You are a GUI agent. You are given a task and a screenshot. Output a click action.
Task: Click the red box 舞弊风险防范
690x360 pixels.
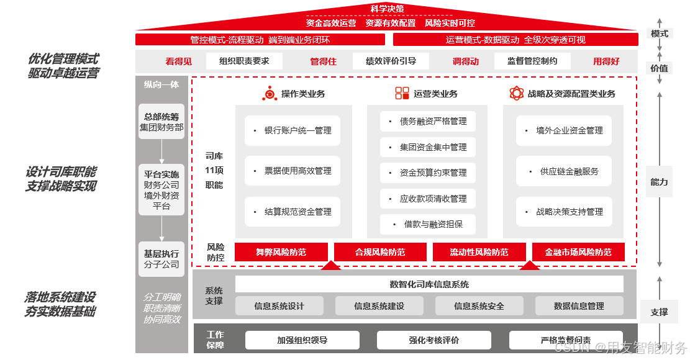click(x=281, y=252)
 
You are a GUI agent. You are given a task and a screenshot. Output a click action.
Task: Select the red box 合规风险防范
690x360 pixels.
click(x=380, y=252)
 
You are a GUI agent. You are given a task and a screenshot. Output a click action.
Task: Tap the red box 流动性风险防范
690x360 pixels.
click(x=479, y=252)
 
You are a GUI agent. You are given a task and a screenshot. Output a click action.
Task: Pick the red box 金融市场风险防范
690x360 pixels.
click(x=578, y=252)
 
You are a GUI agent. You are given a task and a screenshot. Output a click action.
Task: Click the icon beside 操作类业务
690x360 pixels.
click(x=270, y=94)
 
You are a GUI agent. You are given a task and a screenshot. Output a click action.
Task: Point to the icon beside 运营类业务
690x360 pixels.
click(x=402, y=94)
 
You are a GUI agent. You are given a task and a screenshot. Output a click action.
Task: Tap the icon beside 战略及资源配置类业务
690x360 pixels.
click(x=517, y=94)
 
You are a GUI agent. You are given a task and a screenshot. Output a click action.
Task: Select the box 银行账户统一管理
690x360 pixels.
click(x=293, y=131)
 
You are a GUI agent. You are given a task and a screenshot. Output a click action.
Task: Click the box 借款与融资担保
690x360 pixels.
click(x=427, y=224)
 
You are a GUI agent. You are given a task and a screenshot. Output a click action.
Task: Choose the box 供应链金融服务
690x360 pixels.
click(x=564, y=171)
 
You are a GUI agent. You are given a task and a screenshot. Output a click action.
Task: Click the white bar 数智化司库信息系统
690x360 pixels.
click(x=429, y=284)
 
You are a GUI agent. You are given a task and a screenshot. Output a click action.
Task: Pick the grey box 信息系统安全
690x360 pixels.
click(x=479, y=306)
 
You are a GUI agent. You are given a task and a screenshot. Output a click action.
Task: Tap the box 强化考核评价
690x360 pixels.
click(x=434, y=340)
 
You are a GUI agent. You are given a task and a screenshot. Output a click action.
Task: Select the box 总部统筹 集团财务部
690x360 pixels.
click(x=161, y=122)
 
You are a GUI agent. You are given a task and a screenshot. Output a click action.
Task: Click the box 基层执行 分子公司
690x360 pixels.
click(x=161, y=259)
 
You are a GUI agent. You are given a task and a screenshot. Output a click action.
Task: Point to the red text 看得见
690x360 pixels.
click(x=179, y=61)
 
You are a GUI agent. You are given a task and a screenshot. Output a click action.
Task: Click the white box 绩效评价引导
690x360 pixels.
click(x=391, y=61)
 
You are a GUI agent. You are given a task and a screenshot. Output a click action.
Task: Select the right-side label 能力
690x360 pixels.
click(x=659, y=182)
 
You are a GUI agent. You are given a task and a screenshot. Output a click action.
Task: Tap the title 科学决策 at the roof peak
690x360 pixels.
click(x=388, y=9)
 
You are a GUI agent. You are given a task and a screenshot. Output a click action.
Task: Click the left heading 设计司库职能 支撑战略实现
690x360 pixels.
click(x=61, y=179)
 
